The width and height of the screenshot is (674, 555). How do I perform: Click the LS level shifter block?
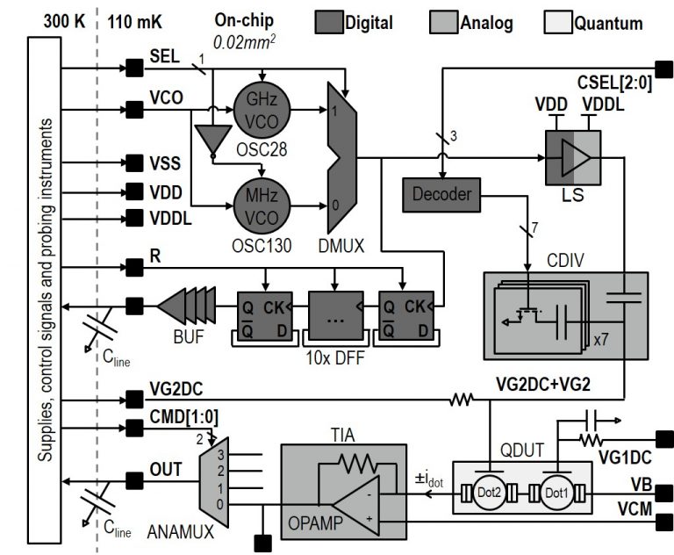(x=573, y=157)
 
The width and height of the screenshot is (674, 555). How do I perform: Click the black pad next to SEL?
(x=134, y=67)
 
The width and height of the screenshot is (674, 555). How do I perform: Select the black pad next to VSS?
(x=134, y=162)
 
